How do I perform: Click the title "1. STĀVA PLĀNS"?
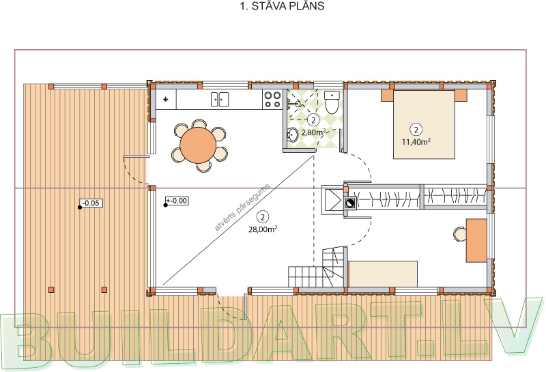tap(282, 6)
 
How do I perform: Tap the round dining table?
tap(198, 145)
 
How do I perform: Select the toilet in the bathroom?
tap(332, 103)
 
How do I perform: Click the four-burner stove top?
tap(272, 99)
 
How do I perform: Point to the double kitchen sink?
tap(220, 99)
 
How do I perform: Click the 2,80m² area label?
tap(313, 132)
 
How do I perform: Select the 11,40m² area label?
tap(416, 142)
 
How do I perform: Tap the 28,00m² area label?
tap(263, 229)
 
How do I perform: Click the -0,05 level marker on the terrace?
tap(91, 203)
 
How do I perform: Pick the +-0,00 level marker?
tap(177, 201)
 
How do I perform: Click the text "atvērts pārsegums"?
tap(242, 208)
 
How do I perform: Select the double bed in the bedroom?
tap(424, 124)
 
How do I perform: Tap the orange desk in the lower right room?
tap(476, 240)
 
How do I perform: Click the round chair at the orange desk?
tap(459, 234)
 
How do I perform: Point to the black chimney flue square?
tap(350, 203)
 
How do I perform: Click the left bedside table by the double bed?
tap(387, 95)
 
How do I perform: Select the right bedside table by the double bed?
tap(461, 95)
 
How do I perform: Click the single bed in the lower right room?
tap(383, 274)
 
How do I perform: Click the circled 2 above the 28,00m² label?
tap(263, 217)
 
